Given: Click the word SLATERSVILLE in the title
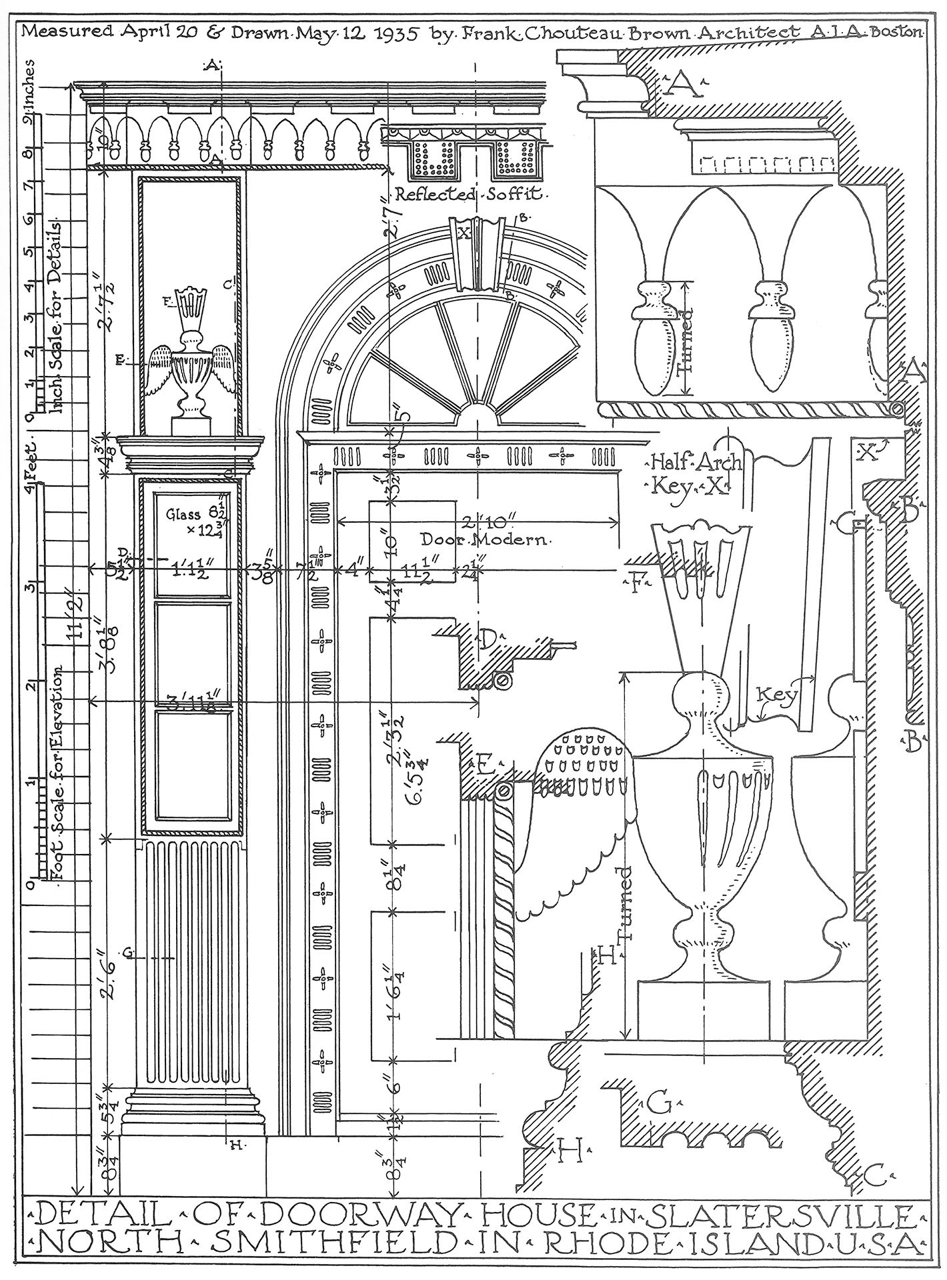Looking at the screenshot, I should [781, 1217].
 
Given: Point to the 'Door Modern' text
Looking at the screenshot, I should [485, 538].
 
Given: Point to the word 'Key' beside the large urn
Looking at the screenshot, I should [778, 698].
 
